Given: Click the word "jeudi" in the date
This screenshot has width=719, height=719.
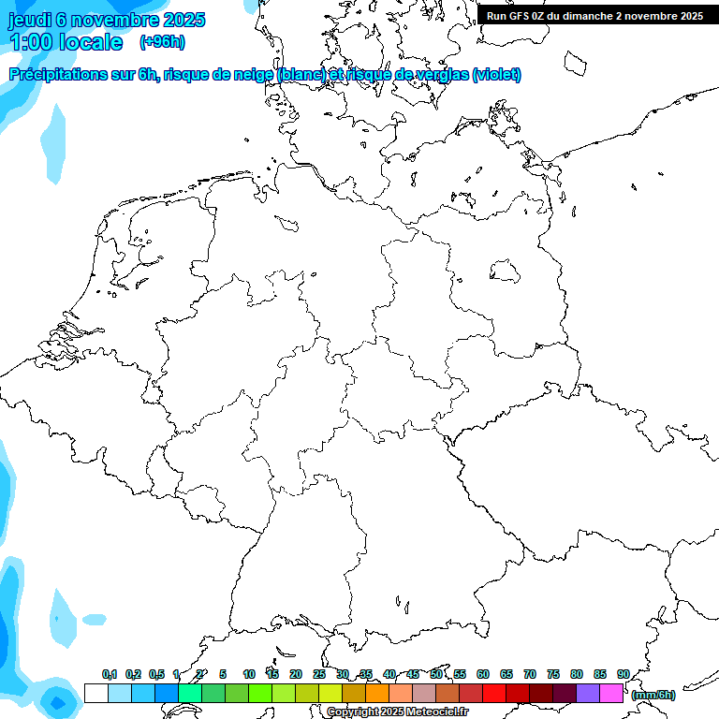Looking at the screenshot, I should pyautogui.click(x=30, y=20).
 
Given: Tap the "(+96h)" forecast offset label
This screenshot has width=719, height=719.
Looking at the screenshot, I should pyautogui.click(x=161, y=42).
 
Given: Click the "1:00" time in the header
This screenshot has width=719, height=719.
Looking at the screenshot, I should pyautogui.click(x=34, y=42).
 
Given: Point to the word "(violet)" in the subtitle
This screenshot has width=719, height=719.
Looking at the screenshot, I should pyautogui.click(x=497, y=74).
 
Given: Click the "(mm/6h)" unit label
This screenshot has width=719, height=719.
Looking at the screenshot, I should pyautogui.click(x=653, y=695).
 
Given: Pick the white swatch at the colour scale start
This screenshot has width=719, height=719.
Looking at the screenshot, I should pyautogui.click(x=95, y=694).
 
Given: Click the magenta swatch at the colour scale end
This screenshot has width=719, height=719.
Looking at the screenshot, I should pyautogui.click(x=611, y=694).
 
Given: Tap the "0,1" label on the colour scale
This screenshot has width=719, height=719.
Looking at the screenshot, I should pyautogui.click(x=110, y=675).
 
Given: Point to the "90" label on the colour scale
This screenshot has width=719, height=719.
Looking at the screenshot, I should pyautogui.click(x=624, y=675).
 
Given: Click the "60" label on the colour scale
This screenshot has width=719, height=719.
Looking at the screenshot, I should pyautogui.click(x=483, y=675).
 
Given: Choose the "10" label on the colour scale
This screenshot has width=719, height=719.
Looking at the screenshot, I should pyautogui.click(x=249, y=675).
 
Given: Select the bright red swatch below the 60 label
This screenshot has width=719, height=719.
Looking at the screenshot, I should pyautogui.click(x=494, y=694).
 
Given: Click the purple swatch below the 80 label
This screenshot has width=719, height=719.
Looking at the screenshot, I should pyautogui.click(x=588, y=694).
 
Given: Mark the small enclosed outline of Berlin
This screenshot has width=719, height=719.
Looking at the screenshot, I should pyautogui.click(x=505, y=271).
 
